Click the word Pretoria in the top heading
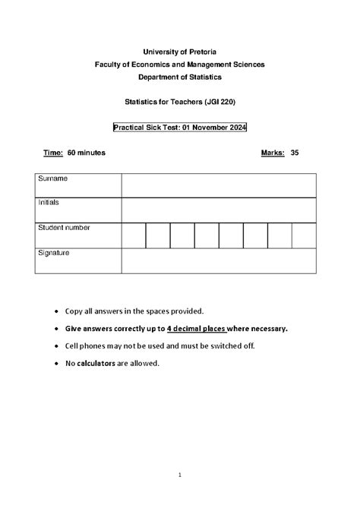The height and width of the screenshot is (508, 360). (x=201, y=51)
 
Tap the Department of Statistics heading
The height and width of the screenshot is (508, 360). (x=179, y=78)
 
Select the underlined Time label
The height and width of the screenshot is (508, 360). (x=52, y=153)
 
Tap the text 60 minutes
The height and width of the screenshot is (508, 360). (x=87, y=153)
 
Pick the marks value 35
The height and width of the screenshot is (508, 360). (x=295, y=153)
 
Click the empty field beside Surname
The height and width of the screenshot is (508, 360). (x=219, y=185)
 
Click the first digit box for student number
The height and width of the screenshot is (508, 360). (x=133, y=235)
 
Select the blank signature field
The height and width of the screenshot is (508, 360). (x=219, y=260)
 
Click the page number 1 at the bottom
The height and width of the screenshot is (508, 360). (x=180, y=475)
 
